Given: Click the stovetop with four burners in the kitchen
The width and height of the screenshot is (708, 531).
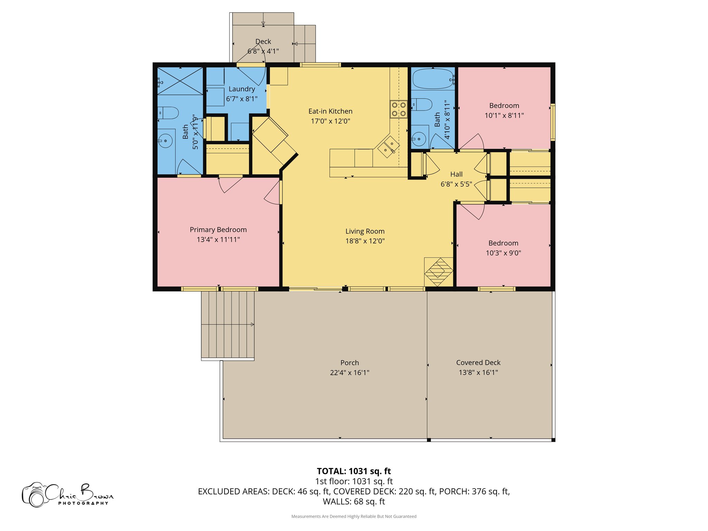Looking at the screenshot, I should [399, 109].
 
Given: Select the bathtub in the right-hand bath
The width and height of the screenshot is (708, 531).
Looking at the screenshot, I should [433, 79].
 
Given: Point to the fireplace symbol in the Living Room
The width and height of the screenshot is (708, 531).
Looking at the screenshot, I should [438, 272].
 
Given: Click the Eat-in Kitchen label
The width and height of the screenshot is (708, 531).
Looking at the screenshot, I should [330, 111].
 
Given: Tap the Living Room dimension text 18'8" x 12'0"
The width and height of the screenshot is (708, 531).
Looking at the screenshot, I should [365, 241].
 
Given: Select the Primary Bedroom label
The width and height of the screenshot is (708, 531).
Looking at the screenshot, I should [218, 230].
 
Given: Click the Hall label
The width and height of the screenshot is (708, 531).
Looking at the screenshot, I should [456, 174].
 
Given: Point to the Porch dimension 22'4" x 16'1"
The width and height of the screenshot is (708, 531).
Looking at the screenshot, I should [350, 373].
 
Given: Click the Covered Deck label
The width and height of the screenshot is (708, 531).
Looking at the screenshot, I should [478, 363].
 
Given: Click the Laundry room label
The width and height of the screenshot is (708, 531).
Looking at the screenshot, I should [242, 89].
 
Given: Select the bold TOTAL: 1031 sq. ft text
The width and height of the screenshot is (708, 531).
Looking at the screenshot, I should [354, 471].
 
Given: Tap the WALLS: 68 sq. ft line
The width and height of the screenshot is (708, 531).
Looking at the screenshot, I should [354, 502].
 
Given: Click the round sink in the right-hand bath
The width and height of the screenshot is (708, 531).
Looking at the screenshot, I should [419, 139].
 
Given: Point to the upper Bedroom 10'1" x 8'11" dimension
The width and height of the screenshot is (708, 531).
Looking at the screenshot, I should [504, 115].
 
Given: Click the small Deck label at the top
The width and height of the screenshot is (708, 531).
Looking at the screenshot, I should [263, 41].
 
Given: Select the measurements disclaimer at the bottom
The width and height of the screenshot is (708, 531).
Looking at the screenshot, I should [354, 516].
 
